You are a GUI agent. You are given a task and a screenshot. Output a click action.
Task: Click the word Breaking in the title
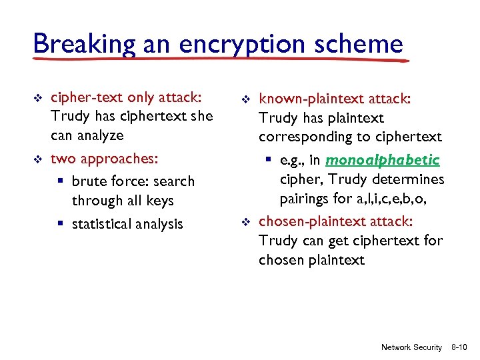pos(73,44)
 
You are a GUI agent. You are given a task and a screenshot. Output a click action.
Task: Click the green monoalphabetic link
pos(383,161)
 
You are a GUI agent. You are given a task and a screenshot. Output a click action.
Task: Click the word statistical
pos(103,224)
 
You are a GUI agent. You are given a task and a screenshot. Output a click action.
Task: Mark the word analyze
pos(98,135)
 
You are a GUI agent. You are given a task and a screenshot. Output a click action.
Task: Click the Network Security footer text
pos(411,347)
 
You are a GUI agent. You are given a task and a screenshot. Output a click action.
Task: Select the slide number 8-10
pos(459,347)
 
